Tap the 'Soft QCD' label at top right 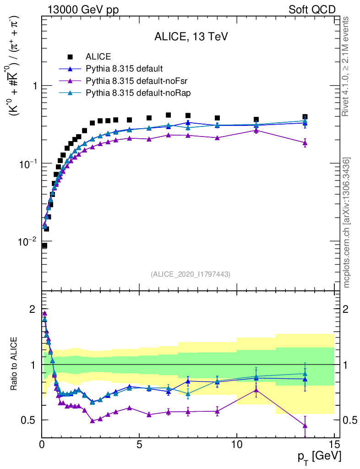pyautogui.click(x=312, y=10)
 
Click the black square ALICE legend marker pyautogui.click(x=70, y=57)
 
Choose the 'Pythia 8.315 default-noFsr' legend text pyautogui.click(x=138, y=81)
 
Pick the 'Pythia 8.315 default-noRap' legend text pyautogui.click(x=138, y=93)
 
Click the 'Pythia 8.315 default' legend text pyautogui.click(x=124, y=69)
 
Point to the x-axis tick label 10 pyautogui.click(x=237, y=443)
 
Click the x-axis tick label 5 pyautogui.click(x=139, y=443)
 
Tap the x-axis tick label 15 pyautogui.click(x=334, y=443)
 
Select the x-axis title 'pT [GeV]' pyautogui.click(x=319, y=457)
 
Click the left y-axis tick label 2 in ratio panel pyautogui.click(x=32, y=309)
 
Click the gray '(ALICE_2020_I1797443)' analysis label pyautogui.click(x=190, y=274)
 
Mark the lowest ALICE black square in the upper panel pyautogui.click(x=44, y=245)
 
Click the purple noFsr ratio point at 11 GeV pyautogui.click(x=256, y=390)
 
